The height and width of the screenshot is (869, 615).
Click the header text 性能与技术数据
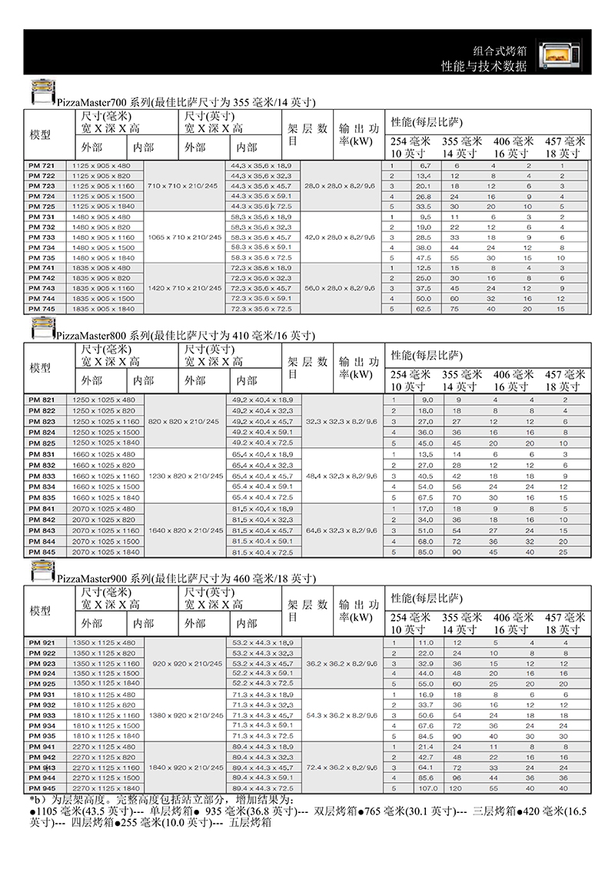click(484, 66)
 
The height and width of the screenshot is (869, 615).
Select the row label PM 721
click(42, 166)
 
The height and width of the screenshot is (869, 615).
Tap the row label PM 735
click(42, 257)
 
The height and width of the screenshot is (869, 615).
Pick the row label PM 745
click(42, 308)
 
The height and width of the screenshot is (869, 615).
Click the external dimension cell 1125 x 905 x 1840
click(102, 207)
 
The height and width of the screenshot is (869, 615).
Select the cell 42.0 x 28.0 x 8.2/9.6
click(340, 237)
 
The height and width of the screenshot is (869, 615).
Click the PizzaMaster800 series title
click(184, 336)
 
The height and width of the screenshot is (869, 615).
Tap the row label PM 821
click(42, 400)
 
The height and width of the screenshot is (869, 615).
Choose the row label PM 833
click(42, 476)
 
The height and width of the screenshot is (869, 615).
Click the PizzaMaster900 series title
click(184, 577)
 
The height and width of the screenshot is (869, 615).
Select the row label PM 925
click(42, 683)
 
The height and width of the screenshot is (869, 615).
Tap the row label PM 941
click(42, 746)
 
